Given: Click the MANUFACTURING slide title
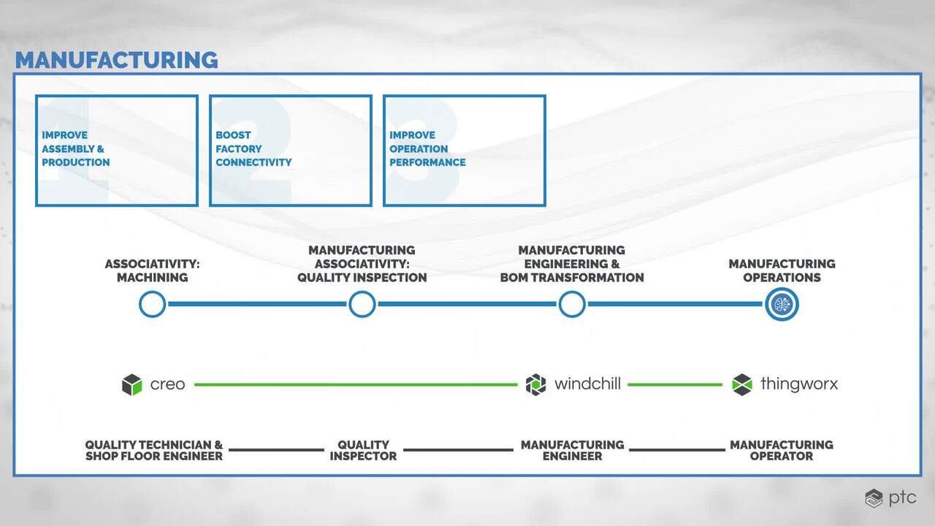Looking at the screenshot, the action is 116,60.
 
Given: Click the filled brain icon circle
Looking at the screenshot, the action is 782,305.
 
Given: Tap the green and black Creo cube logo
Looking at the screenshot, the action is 132,384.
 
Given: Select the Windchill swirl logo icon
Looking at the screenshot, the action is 535,384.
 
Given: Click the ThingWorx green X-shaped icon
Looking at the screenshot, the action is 742,384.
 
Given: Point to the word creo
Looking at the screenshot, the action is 167,384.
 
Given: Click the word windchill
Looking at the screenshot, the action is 587,384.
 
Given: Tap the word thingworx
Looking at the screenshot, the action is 799,384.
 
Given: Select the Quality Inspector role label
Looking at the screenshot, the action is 363,451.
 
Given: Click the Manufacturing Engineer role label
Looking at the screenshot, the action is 572,451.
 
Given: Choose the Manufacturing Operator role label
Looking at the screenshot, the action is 782,451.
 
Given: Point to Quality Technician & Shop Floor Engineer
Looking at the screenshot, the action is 154,451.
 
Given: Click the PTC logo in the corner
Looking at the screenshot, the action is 890,498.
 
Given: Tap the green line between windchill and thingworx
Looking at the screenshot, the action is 675,384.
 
